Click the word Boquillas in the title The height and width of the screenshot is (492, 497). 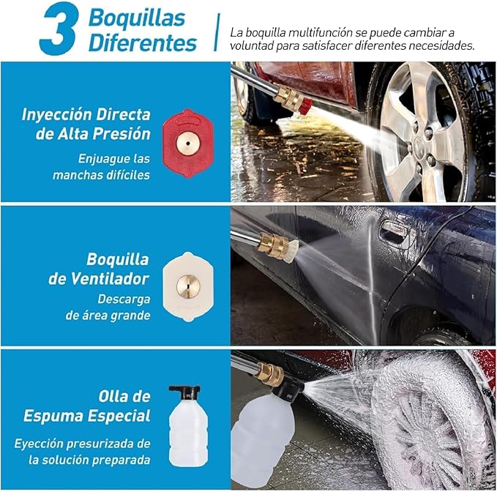point(137,18)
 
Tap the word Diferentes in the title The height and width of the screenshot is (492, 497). point(143,42)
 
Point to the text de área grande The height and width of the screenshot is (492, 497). point(108,316)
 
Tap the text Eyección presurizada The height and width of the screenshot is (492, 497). point(82,444)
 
